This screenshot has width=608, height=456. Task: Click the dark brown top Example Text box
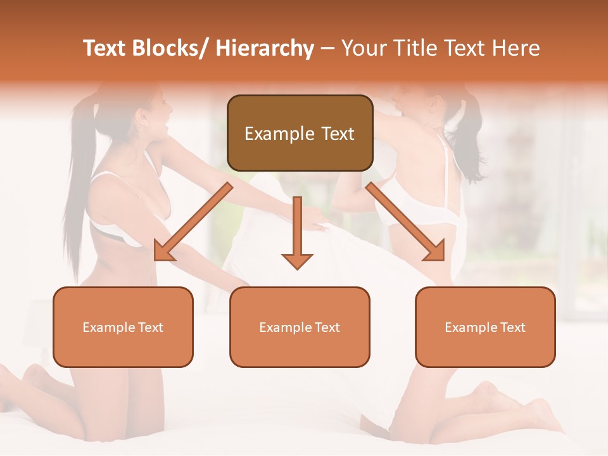300,133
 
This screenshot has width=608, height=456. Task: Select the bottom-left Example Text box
123,327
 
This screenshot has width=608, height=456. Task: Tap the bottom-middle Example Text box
300,327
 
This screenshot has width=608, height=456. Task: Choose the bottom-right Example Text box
485,327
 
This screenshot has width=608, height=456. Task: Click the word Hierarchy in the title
265,49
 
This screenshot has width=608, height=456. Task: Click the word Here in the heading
516,49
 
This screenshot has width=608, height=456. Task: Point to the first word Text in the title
104,49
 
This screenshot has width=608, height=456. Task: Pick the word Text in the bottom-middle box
327,327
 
